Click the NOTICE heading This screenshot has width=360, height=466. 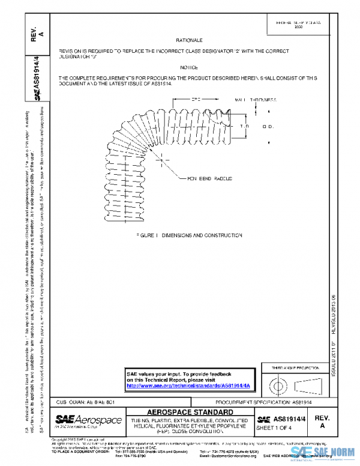click(188, 68)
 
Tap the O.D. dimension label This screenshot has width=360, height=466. click(268, 127)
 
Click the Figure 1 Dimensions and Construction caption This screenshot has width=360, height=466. click(188, 235)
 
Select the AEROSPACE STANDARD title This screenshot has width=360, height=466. click(190, 412)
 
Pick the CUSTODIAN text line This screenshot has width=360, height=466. click(81, 402)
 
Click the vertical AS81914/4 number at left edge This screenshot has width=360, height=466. click(36, 77)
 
